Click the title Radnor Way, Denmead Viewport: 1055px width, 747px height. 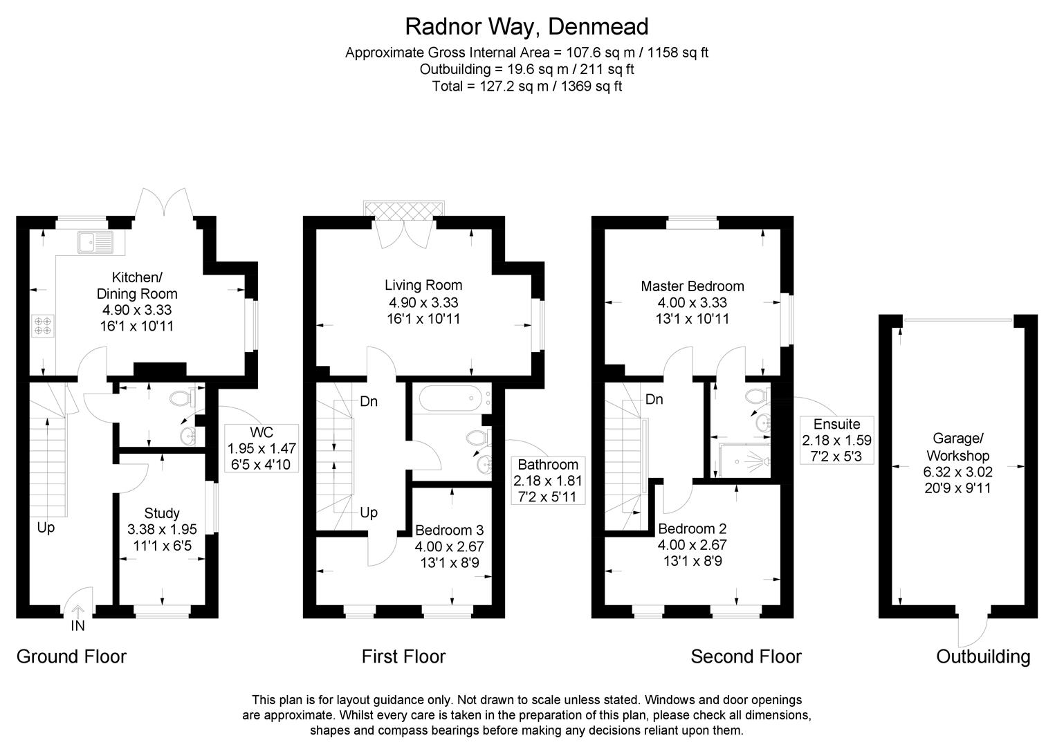pyautogui.click(x=526, y=26)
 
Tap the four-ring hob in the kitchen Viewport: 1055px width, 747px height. pyautogui.click(x=43, y=326)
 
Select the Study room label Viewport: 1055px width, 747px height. pyautogui.click(x=162, y=513)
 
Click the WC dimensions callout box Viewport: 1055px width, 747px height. pyautogui.click(x=262, y=448)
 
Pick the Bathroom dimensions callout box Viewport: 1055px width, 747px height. pyautogui.click(x=547, y=480)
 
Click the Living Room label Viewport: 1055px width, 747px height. pyautogui.click(x=423, y=285)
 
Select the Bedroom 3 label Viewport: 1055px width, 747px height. pyautogui.click(x=449, y=531)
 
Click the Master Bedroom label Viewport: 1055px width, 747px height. pyautogui.click(x=692, y=286)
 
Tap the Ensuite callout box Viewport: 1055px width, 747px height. pyautogui.click(x=836, y=440)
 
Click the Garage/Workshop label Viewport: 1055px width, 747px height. pyautogui.click(x=957, y=447)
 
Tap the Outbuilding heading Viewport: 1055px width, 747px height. pyautogui.click(x=983, y=656)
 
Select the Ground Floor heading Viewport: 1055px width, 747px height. pyautogui.click(x=72, y=656)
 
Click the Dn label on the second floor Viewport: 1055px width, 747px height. pyautogui.click(x=654, y=400)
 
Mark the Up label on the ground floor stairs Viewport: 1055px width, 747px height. pyautogui.click(x=46, y=528)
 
